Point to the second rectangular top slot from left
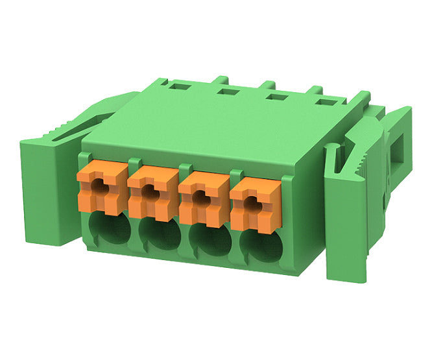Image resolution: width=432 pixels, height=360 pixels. coord(226,92)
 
